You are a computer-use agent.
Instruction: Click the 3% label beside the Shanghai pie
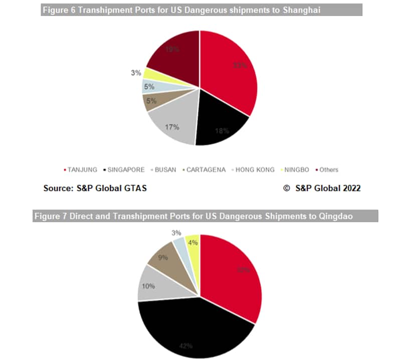tap(135, 73)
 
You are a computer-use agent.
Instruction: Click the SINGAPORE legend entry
tap(125, 170)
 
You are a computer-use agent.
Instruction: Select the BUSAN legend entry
tap(165, 170)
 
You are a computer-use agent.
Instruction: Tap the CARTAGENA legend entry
tap(204, 170)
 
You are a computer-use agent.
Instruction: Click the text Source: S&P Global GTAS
tap(95, 188)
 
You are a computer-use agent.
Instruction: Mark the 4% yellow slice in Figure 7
tap(192, 243)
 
